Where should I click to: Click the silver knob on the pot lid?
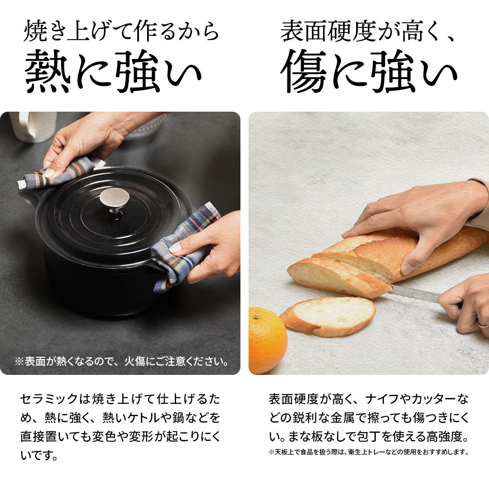point(115,199)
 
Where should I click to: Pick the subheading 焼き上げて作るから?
point(121,32)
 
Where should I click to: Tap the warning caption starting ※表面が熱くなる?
point(121,361)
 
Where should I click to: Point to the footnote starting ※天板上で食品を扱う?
point(369,452)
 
